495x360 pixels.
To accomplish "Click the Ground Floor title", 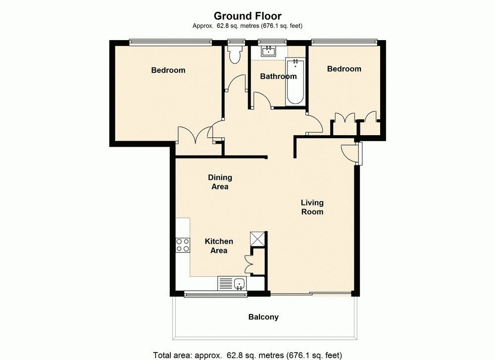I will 247,16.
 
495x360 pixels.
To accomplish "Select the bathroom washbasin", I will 269,51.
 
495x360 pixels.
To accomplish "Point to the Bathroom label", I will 278,76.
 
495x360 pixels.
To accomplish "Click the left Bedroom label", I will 168,70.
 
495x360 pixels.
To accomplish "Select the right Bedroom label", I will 344,69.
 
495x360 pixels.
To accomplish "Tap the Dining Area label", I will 220,182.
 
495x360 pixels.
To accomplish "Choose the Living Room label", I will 312,207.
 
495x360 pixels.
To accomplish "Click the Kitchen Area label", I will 219,246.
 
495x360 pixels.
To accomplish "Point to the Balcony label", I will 263,317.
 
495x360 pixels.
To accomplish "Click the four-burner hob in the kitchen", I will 183,245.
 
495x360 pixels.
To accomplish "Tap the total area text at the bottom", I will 247,355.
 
